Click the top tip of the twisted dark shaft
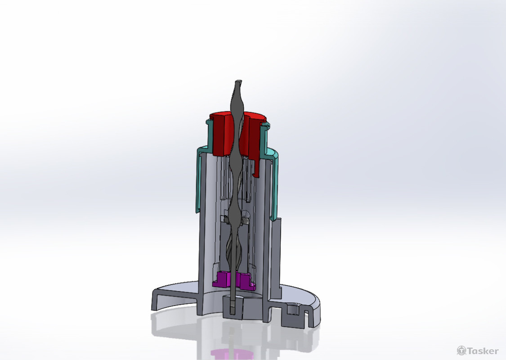click(x=238, y=82)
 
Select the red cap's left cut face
click(x=220, y=135)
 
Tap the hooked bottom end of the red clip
click(x=256, y=173)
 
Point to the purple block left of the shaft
click(x=221, y=279)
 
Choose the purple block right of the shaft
click(x=246, y=280)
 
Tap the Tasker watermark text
click(x=483, y=351)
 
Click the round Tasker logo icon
click(x=461, y=351)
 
